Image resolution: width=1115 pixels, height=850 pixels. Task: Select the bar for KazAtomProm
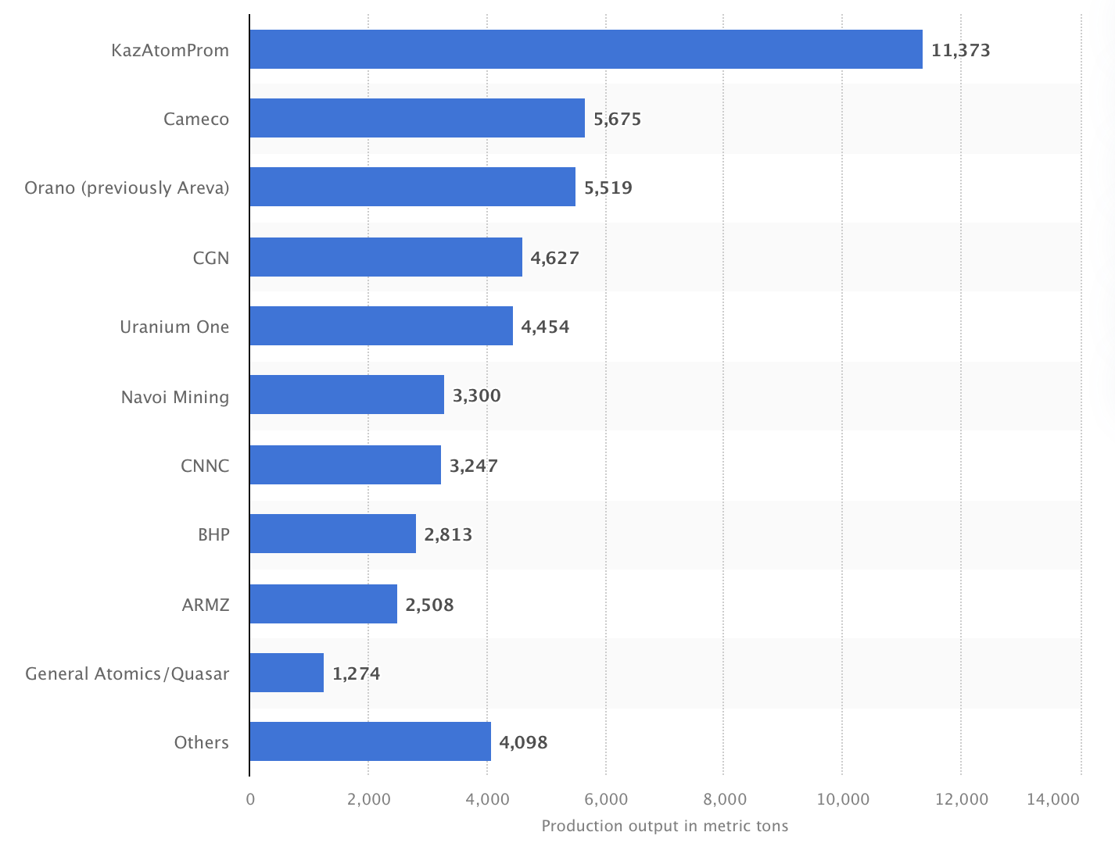pos(586,49)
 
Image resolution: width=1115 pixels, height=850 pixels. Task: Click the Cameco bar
pos(417,118)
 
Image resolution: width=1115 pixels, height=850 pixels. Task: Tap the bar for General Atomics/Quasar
pos(286,673)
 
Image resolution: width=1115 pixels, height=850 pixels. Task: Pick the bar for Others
pos(370,741)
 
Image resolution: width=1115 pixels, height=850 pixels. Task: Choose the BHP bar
pos(332,534)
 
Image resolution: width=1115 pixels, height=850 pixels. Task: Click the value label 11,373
pos(960,50)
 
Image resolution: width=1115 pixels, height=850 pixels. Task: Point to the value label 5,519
pos(608,187)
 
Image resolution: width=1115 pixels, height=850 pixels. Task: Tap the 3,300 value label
pos(476,395)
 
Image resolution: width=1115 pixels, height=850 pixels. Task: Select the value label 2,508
pos(429,605)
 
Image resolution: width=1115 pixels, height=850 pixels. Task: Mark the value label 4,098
pos(523,742)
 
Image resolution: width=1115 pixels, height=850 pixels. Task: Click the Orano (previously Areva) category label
pos(127,187)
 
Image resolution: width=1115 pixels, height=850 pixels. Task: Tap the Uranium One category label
pos(174,327)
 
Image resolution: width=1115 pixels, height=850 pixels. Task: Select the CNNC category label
pos(205,466)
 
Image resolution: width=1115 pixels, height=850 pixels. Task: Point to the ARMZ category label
pos(206,605)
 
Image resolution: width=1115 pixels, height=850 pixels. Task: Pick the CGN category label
pos(211,257)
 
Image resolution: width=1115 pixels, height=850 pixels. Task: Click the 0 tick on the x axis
pos(250,799)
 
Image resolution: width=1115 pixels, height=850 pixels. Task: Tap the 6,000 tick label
pos(606,799)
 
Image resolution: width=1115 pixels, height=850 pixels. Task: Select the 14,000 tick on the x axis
pos(1053,799)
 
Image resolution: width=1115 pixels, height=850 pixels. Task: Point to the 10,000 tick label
pos(843,799)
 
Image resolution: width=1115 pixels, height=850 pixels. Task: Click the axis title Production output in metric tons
pos(665,826)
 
